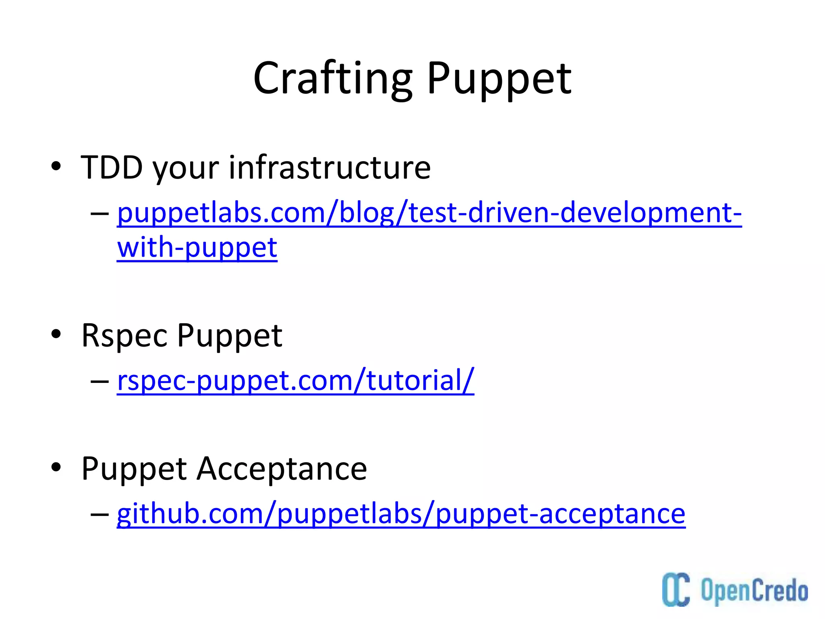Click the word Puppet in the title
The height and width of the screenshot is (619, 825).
(499, 79)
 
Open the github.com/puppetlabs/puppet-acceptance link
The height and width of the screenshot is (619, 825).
(401, 514)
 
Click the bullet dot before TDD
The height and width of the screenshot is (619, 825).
(56, 166)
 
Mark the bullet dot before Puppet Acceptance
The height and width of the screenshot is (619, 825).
(56, 467)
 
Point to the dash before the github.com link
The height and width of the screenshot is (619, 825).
(99, 514)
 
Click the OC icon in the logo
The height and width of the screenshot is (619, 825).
(676, 589)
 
